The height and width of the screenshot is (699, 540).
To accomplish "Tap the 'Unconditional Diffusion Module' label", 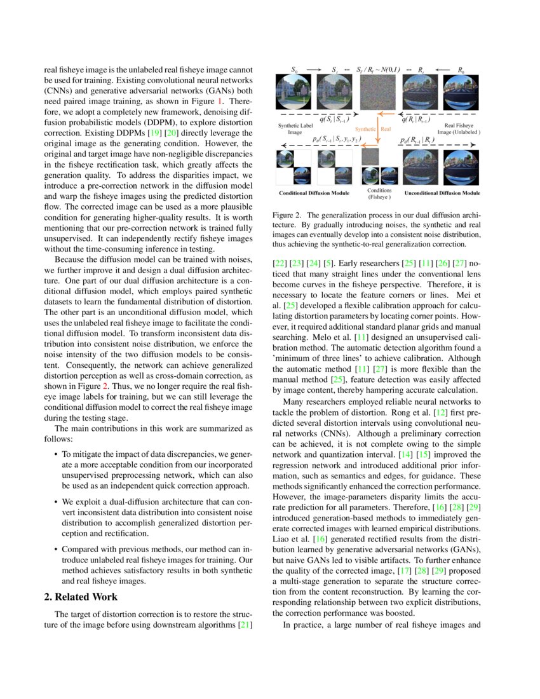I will [x=442, y=193].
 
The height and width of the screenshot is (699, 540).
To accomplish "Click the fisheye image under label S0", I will [x=292, y=92].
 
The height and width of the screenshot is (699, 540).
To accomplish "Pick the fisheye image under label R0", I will [x=460, y=92].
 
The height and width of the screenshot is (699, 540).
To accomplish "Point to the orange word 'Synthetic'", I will [x=365, y=128].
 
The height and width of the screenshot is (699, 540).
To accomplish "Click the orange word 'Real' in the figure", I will [x=386, y=128].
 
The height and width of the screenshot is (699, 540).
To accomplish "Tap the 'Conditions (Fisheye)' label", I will [x=380, y=193].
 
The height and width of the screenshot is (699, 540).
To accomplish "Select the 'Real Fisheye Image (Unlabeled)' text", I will [x=462, y=129].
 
